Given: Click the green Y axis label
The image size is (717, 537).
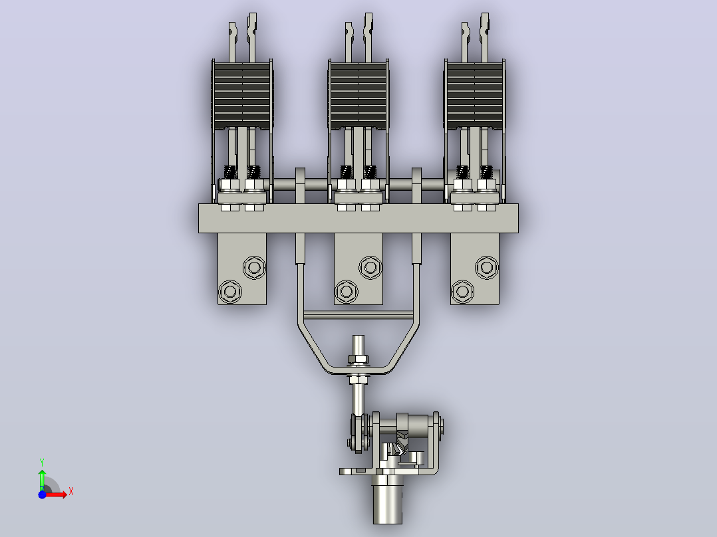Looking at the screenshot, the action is pyautogui.click(x=42, y=463).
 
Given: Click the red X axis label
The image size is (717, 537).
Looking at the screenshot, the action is pyautogui.click(x=71, y=492).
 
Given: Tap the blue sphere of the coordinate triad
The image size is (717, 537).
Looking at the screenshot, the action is pyautogui.click(x=42, y=494).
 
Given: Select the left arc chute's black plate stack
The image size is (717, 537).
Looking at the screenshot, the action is pyautogui.click(x=242, y=95).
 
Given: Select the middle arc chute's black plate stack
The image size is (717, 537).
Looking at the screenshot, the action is pyautogui.click(x=358, y=95).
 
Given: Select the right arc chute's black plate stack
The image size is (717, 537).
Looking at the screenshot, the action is pyautogui.click(x=475, y=95).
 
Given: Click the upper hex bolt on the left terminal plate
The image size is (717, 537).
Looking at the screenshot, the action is pyautogui.click(x=254, y=267).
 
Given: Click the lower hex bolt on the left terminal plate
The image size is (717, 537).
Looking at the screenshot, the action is pyautogui.click(x=230, y=291).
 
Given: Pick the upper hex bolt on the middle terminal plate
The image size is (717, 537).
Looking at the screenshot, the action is pyautogui.click(x=370, y=267).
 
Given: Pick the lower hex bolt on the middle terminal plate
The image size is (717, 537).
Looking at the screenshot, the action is pyautogui.click(x=346, y=291).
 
